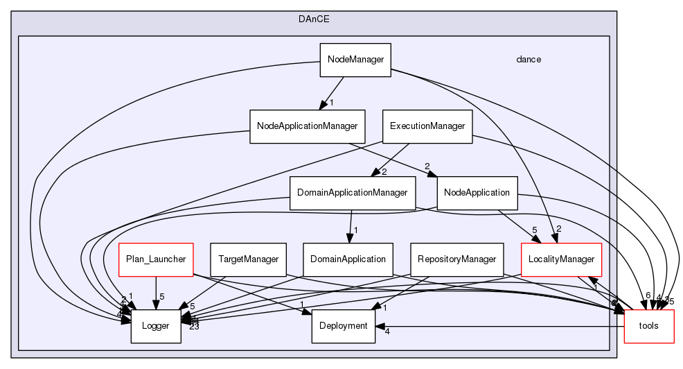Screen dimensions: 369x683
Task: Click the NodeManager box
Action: [x=355, y=60]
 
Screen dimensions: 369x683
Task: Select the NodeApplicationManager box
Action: [x=307, y=126]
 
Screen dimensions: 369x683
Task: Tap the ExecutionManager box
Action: [x=427, y=126]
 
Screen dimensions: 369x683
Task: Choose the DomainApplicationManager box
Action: [x=351, y=192]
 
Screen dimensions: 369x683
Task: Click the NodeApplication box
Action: [x=477, y=192]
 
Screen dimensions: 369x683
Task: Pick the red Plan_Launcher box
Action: [x=155, y=259]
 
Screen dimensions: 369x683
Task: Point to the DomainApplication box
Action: [x=348, y=259]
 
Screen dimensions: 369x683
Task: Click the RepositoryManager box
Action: [x=456, y=259]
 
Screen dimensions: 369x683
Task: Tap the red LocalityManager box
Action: [x=561, y=259]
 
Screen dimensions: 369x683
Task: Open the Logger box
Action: [x=156, y=326]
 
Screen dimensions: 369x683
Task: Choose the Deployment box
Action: [x=344, y=326]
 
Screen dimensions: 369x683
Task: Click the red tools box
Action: [x=649, y=326]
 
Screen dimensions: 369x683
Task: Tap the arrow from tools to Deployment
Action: [x=499, y=326]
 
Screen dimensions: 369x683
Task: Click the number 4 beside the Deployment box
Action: [x=387, y=332]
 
